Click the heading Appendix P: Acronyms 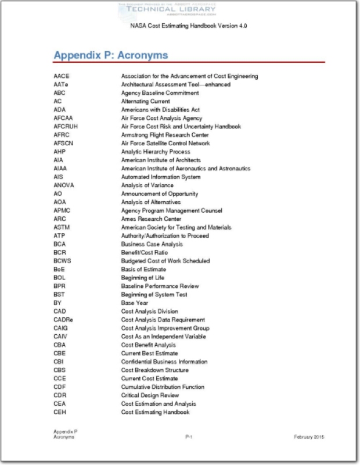[x=111, y=56]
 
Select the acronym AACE [x=60, y=76]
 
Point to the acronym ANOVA [x=63, y=185]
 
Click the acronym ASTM [x=62, y=227]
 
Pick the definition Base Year [x=134, y=303]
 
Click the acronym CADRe [x=63, y=320]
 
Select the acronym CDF [x=59, y=387]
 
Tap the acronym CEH [x=59, y=412]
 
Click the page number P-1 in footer [x=189, y=437]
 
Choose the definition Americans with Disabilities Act [x=160, y=109]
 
